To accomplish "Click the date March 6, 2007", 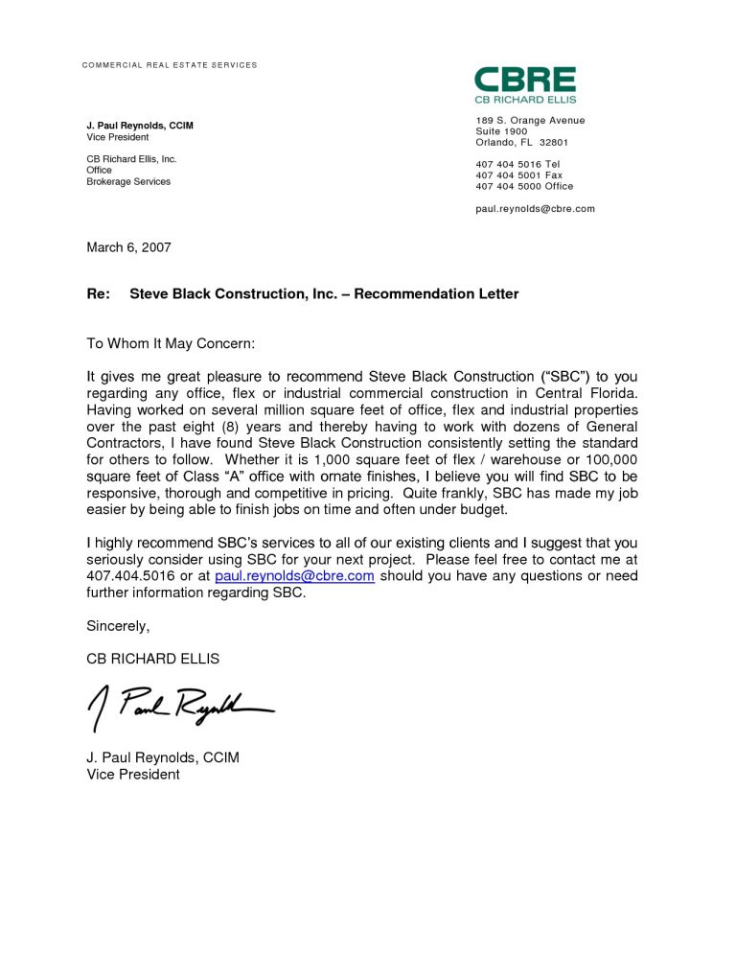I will click(x=128, y=247).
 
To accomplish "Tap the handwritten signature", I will click(x=179, y=707).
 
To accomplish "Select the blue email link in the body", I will click(x=294, y=576).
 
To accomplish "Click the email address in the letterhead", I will click(x=535, y=208).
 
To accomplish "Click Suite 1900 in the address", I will click(x=501, y=131).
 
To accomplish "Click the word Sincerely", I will click(x=118, y=626).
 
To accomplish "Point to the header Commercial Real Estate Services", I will click(x=169, y=65).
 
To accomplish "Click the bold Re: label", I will click(x=99, y=293).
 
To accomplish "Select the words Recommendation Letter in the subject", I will click(x=436, y=293).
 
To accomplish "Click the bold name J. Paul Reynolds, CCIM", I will click(x=140, y=126).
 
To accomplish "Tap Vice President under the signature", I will click(x=133, y=774).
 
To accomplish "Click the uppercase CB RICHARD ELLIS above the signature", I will click(x=152, y=659).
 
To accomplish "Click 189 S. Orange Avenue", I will click(x=530, y=120).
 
